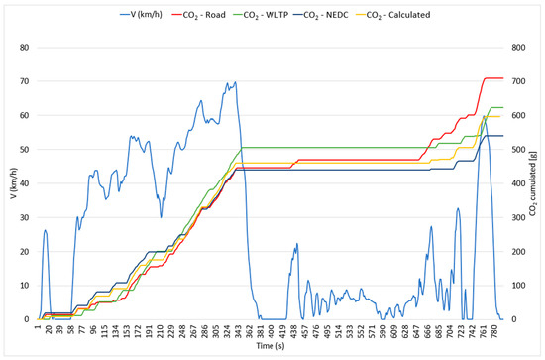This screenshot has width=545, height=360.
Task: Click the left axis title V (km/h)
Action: pyautogui.click(x=8, y=183)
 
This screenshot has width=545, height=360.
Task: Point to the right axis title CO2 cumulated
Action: pyautogui.click(x=536, y=183)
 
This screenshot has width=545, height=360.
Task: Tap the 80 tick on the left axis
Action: pyautogui.click(x=25, y=48)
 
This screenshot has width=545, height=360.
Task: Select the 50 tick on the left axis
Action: pyautogui.click(x=25, y=150)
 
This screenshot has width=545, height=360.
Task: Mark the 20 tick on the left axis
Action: pyautogui.click(x=25, y=252)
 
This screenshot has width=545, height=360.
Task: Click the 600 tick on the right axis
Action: pyautogui.click(x=518, y=115)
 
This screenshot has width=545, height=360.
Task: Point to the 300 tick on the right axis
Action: pyautogui.click(x=518, y=217)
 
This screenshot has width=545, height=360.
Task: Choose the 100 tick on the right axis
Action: pyautogui.click(x=518, y=286)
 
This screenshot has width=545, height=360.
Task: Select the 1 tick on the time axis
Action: pyautogui.click(x=37, y=331)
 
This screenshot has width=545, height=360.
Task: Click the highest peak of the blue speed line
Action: pyautogui.click(x=235, y=82)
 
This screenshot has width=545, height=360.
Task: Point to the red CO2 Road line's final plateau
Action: pyautogui.click(x=493, y=77)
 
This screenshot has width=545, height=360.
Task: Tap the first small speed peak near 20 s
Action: pyautogui.click(x=46, y=230)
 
